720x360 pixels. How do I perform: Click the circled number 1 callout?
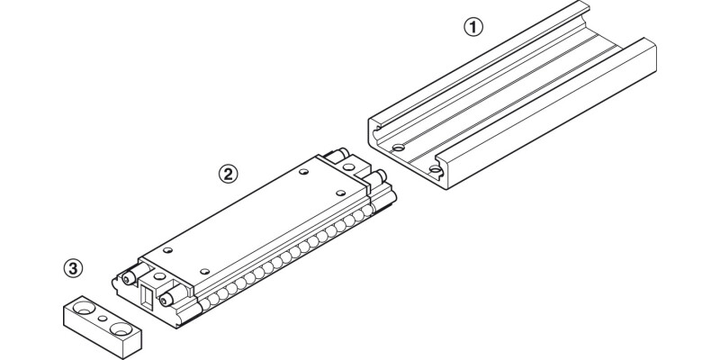(473, 27)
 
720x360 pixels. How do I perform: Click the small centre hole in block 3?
(103, 319)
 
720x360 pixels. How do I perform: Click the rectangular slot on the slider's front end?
(144, 292)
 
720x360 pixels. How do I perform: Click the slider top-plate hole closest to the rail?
(337, 192)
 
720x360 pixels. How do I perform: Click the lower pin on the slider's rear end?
(378, 175)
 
